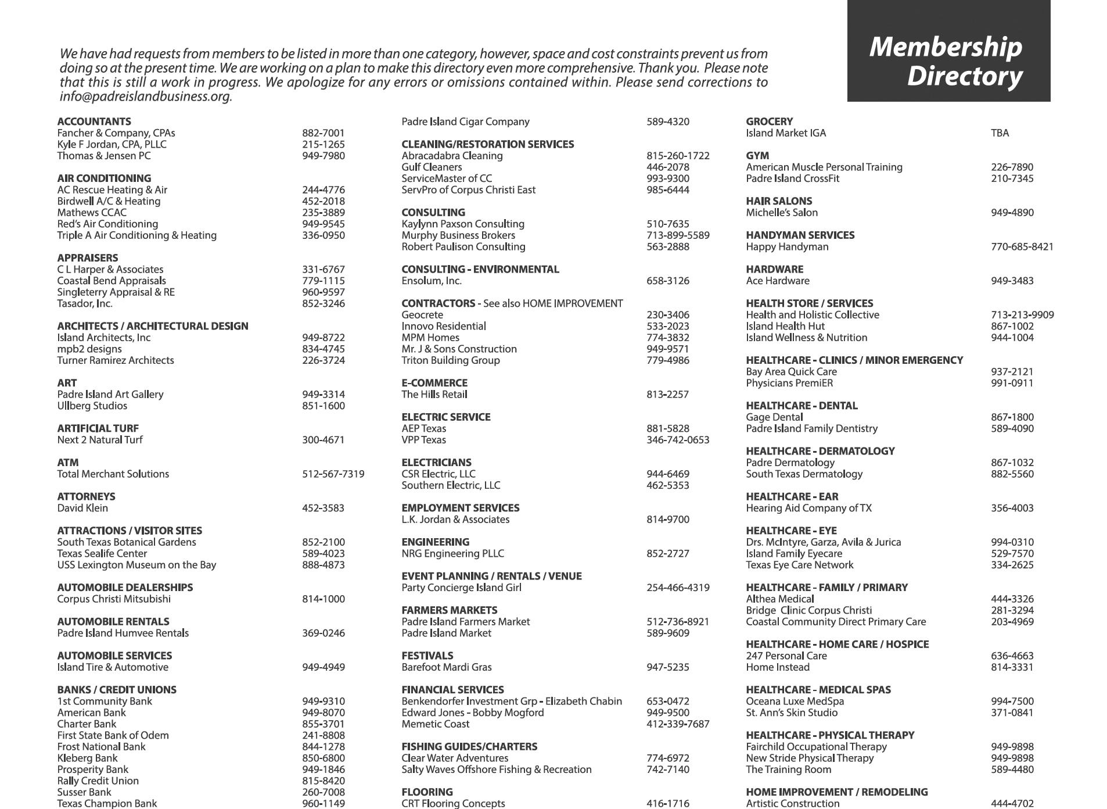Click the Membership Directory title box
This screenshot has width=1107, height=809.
[x=948, y=51]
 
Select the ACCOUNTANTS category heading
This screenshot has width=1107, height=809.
[x=94, y=121]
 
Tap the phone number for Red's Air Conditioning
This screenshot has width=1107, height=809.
[x=323, y=224]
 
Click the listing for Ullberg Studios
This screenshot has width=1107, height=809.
[x=92, y=406]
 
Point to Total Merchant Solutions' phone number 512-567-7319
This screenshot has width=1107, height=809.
[x=333, y=474]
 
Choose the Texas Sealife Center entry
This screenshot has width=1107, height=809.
[x=102, y=553]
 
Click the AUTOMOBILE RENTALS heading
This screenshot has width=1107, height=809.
[x=113, y=621]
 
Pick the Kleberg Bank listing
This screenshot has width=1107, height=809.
[x=87, y=758]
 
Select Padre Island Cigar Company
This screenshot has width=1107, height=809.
[x=465, y=121]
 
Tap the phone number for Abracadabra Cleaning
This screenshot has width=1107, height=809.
[x=678, y=156]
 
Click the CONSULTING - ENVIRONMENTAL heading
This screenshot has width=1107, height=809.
[x=480, y=269]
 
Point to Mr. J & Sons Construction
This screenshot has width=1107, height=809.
[x=459, y=349]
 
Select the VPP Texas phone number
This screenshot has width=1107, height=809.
[x=678, y=440]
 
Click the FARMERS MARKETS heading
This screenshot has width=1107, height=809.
[x=449, y=610]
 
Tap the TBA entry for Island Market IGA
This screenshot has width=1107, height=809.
[x=1000, y=133]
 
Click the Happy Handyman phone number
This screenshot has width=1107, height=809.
[x=1022, y=246]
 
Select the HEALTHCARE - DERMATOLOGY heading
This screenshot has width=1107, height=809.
[x=820, y=451]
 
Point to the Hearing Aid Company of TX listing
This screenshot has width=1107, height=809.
[x=808, y=508]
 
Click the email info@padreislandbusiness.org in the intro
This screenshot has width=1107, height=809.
[x=146, y=96]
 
